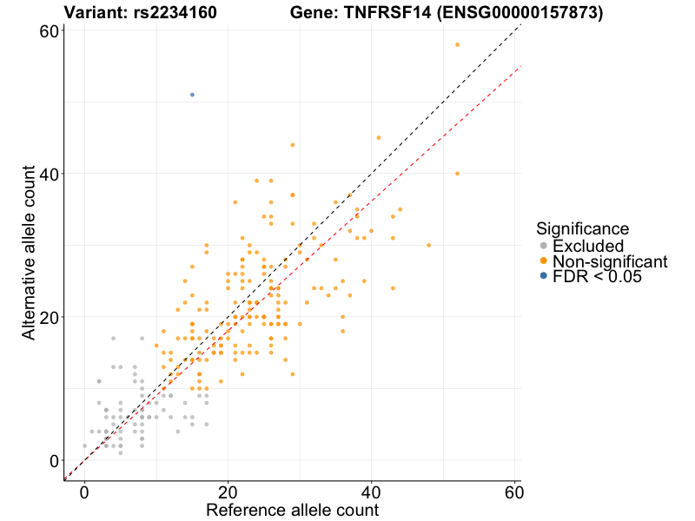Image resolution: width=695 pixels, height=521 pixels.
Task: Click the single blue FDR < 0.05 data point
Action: (x=192, y=94)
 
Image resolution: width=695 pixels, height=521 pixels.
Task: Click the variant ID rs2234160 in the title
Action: (x=175, y=13)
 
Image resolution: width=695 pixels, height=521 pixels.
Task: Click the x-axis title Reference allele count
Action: (x=292, y=510)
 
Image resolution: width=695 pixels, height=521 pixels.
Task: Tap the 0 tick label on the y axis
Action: (x=54, y=460)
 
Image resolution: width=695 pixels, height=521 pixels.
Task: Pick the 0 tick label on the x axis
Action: (x=84, y=489)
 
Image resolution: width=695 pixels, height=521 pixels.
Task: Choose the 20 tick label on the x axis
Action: (x=228, y=489)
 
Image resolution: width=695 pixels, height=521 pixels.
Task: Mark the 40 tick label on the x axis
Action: (x=371, y=489)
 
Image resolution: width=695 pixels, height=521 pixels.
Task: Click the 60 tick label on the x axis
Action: (x=513, y=489)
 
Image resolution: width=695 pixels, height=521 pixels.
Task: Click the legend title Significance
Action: (x=582, y=229)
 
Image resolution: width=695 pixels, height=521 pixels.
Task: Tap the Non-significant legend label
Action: (x=610, y=261)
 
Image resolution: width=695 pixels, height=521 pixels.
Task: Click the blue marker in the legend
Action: (x=544, y=276)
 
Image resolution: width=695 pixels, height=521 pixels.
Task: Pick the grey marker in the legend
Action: (x=544, y=247)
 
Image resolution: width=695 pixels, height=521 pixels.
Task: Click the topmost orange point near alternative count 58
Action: (x=457, y=44)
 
